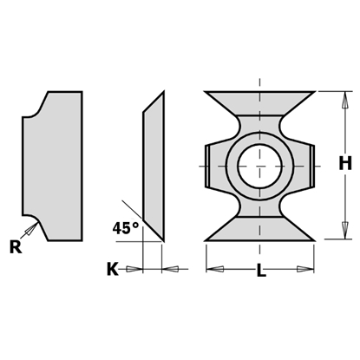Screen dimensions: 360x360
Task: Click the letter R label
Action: tap(16, 245)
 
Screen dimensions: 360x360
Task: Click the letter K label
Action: tap(112, 270)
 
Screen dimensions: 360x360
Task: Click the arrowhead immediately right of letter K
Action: tap(135, 270)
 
